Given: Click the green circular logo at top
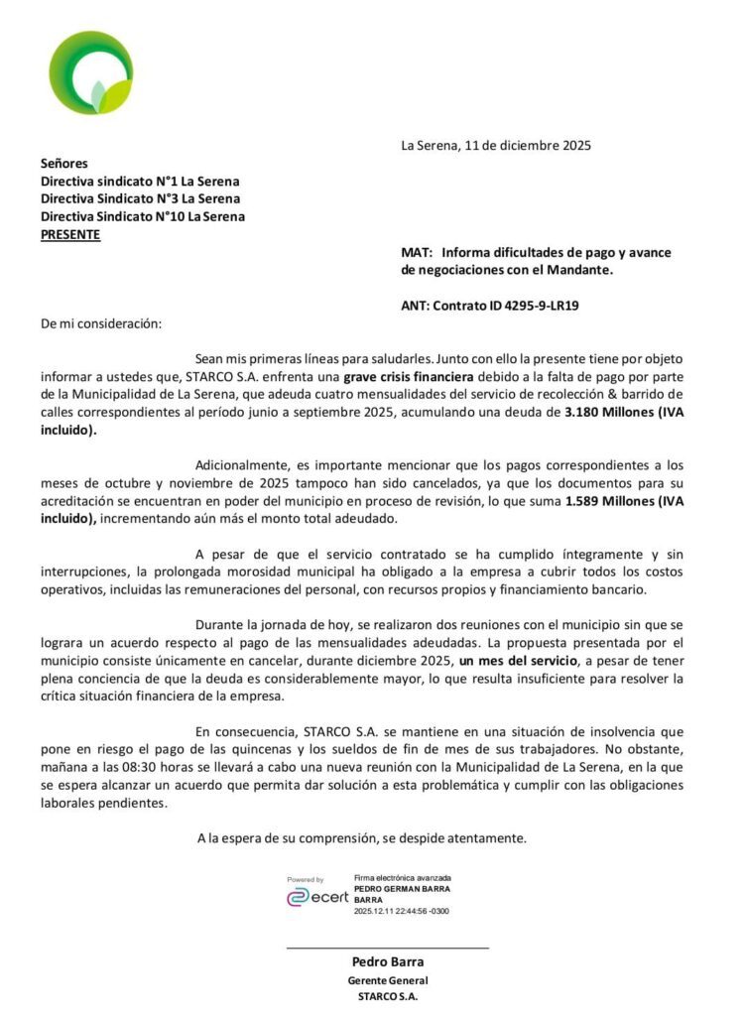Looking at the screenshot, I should [x=90, y=72].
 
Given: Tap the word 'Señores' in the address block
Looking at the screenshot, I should [x=64, y=164].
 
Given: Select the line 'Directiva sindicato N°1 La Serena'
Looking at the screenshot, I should [x=140, y=182].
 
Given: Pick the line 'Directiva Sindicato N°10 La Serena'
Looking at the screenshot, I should [x=143, y=217].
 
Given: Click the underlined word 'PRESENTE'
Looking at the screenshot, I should [x=70, y=235].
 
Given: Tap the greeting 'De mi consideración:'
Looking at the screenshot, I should [x=99, y=323].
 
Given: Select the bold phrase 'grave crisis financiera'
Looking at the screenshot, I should [x=410, y=378].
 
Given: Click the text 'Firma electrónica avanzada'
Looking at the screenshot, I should [x=402, y=878].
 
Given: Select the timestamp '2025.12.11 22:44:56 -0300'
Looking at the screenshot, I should [x=401, y=910].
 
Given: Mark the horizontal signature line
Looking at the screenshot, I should [x=388, y=949].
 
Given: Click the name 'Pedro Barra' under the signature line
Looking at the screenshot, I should [x=388, y=962].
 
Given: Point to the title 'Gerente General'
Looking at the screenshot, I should [x=388, y=980].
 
